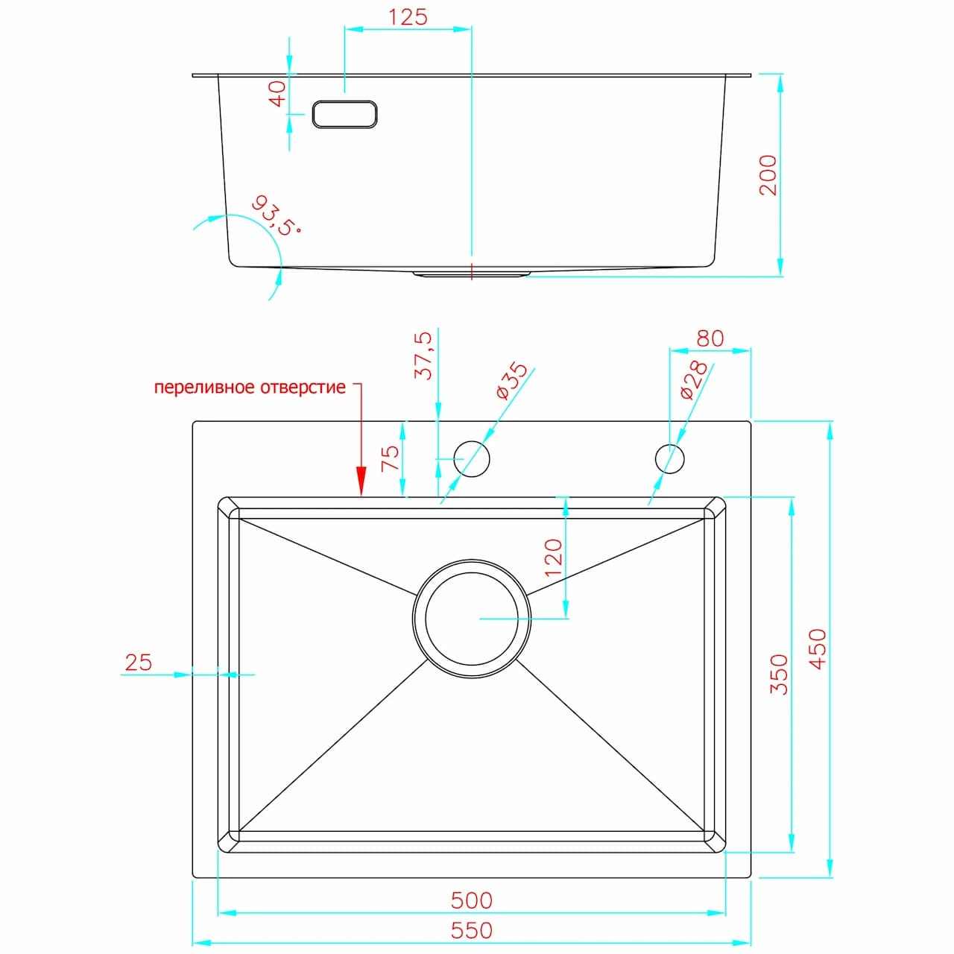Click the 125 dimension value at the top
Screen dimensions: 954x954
tap(408, 17)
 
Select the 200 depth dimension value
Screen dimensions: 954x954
tap(768, 175)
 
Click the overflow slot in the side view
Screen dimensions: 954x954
tap(344, 114)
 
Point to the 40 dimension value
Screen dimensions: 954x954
tap(277, 94)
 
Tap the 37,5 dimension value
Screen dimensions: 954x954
tap(423, 356)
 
